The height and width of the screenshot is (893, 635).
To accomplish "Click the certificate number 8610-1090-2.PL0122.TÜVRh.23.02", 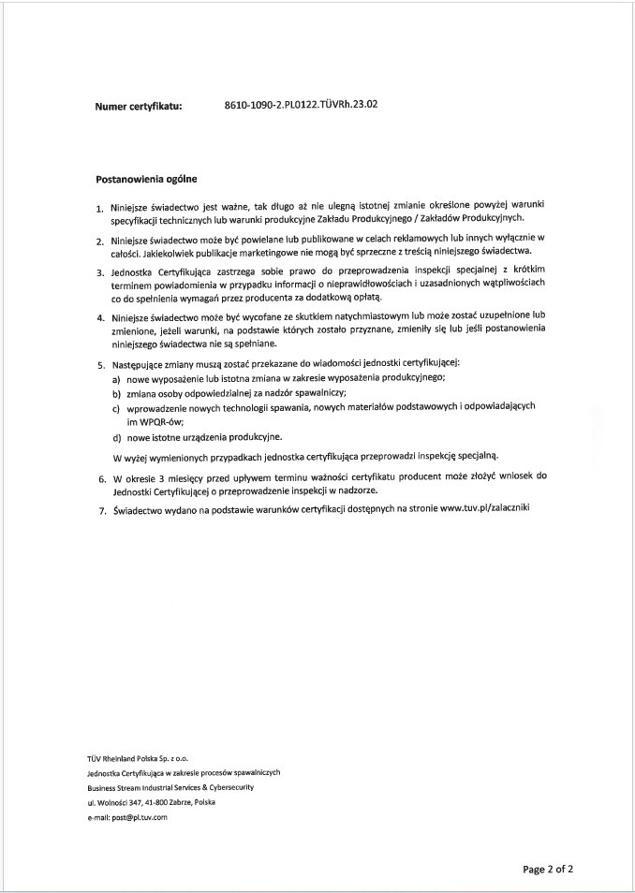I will (302, 106).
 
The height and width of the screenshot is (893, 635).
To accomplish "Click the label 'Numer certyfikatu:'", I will (139, 107).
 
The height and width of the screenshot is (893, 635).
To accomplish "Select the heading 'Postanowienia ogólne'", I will (146, 177).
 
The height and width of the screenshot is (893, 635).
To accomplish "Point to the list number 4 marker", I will (100, 316).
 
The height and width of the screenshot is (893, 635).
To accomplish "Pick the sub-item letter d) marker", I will (116, 437).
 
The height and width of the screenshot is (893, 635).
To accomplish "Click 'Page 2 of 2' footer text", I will (548, 869).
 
